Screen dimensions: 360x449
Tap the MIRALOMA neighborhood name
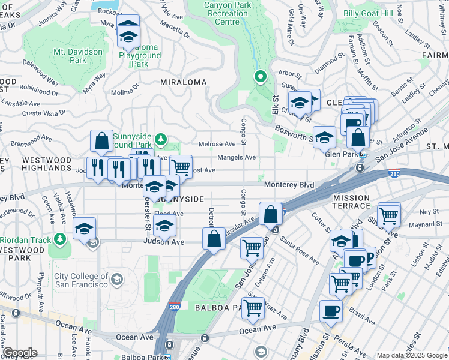tap(183, 82)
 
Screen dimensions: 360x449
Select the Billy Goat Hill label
tap(368, 14)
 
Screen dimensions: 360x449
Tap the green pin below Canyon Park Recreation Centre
tap(260, 77)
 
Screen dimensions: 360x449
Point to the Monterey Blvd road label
tap(289, 185)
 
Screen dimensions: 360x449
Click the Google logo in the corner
tap(19, 353)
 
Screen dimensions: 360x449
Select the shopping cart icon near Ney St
tap(389, 215)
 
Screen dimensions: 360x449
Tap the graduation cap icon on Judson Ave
tap(164, 226)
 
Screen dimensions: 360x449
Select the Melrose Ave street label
tap(217, 144)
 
